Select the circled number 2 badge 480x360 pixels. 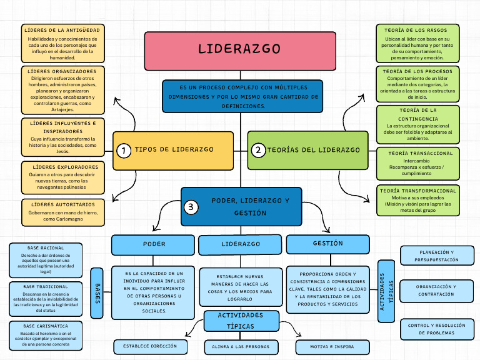[x=257, y=150]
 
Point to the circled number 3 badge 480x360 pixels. [x=191, y=207]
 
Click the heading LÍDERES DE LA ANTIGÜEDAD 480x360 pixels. [x=61, y=30]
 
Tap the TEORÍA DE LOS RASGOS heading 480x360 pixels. [x=417, y=30]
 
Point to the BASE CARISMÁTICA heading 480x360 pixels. [x=46, y=326]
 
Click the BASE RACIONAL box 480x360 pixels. [x=46, y=260]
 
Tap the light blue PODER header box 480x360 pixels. [x=154, y=244]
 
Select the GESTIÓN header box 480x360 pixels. [x=327, y=244]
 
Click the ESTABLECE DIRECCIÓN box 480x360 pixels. [x=150, y=346]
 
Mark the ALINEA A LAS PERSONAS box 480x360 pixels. [x=241, y=347]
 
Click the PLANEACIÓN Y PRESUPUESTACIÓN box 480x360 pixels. [x=436, y=256]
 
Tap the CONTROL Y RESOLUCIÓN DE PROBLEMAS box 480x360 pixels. [x=436, y=329]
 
